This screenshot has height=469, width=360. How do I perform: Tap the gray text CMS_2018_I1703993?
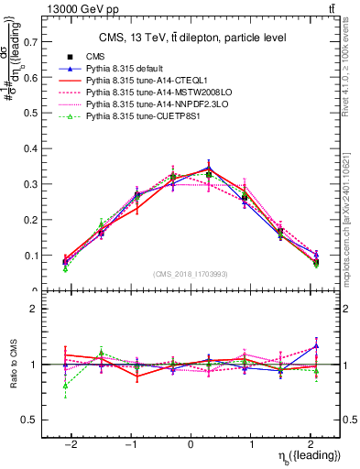coord(190,275)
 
